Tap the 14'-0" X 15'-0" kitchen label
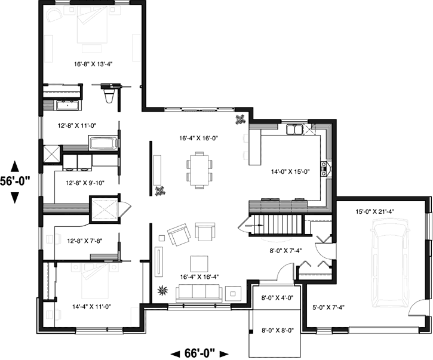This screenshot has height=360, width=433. click(x=289, y=171)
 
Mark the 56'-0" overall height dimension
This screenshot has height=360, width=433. click(x=16, y=181)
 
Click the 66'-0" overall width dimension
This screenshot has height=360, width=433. click(x=200, y=353)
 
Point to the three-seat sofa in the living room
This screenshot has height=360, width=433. click(x=198, y=293)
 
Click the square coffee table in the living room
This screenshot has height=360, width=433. click(x=199, y=263)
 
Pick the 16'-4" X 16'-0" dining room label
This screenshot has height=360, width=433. click(x=198, y=138)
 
